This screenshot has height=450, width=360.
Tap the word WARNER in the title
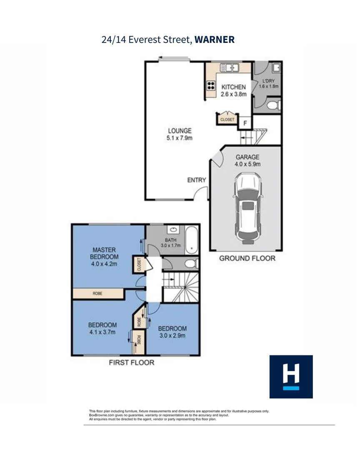tap(215, 40)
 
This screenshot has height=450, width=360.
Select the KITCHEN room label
tap(233, 87)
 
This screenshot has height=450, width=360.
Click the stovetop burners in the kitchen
tap(211, 86)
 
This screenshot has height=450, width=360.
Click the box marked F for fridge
tap(245, 123)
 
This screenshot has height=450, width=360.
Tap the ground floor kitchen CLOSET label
tap(227, 120)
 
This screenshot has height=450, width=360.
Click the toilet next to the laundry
tap(273, 105)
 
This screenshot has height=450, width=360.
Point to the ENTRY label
tap(197, 180)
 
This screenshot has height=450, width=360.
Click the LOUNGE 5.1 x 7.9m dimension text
tap(179, 138)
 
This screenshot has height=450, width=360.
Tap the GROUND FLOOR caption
tap(247, 258)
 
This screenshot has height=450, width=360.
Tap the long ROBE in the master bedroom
tap(98, 294)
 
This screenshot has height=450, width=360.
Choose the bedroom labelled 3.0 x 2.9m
tap(172, 332)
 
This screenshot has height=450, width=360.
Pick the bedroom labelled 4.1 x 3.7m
tap(102, 328)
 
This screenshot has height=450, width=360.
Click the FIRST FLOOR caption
tap(131, 362)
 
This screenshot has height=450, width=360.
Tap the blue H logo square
tap(291, 377)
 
